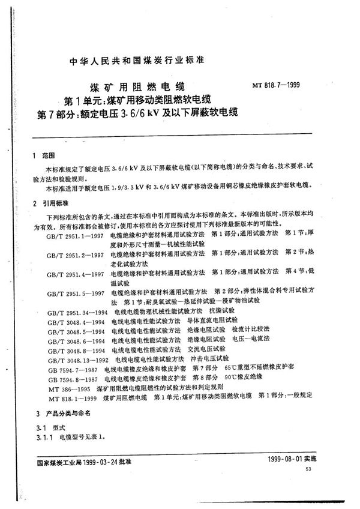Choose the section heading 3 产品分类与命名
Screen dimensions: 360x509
[x=62, y=414]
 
